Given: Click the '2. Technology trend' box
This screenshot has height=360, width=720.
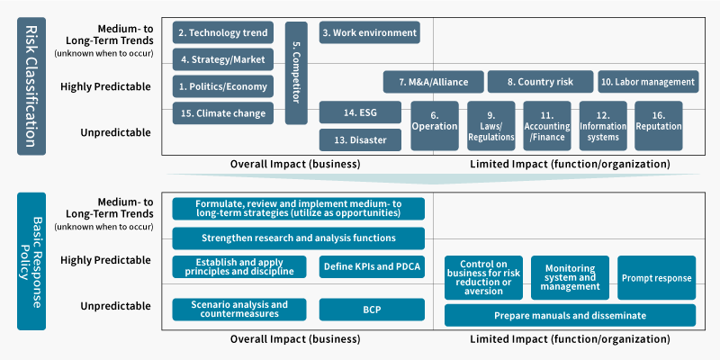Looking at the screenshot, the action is click(223, 32).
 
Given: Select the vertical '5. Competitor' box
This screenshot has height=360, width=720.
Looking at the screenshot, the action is click(296, 73).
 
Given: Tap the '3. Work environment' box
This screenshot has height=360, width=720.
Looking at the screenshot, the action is click(370, 32).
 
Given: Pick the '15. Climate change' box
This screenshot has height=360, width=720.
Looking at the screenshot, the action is click(223, 113).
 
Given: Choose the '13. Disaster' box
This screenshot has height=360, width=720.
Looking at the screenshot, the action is click(361, 140).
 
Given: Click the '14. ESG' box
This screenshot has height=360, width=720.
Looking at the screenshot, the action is click(361, 112).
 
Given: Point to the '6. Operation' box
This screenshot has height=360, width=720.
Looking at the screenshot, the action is click(435, 126).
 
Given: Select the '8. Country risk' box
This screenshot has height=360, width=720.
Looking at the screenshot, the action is click(541, 82).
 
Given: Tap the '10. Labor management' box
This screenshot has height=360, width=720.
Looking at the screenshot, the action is click(648, 82).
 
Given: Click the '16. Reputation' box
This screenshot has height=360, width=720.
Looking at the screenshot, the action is click(659, 126).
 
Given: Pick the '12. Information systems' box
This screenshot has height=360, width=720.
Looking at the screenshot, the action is click(603, 126).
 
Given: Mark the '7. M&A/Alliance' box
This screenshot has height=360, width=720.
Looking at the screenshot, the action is click(434, 82).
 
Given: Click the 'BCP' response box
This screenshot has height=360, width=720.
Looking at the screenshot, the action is click(372, 310).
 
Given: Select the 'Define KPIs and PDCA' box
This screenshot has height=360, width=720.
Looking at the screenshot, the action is click(372, 266).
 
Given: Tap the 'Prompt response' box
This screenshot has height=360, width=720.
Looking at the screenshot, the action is click(657, 278).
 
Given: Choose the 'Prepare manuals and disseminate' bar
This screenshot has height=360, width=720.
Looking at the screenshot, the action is click(571, 316).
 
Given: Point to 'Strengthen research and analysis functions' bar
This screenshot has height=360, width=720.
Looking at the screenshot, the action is click(299, 238).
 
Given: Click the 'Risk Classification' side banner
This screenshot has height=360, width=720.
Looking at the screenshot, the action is click(31, 86).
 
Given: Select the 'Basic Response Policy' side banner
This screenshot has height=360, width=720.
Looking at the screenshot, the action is click(31, 261).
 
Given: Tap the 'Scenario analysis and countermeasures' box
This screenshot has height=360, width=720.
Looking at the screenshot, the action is click(239, 310).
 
